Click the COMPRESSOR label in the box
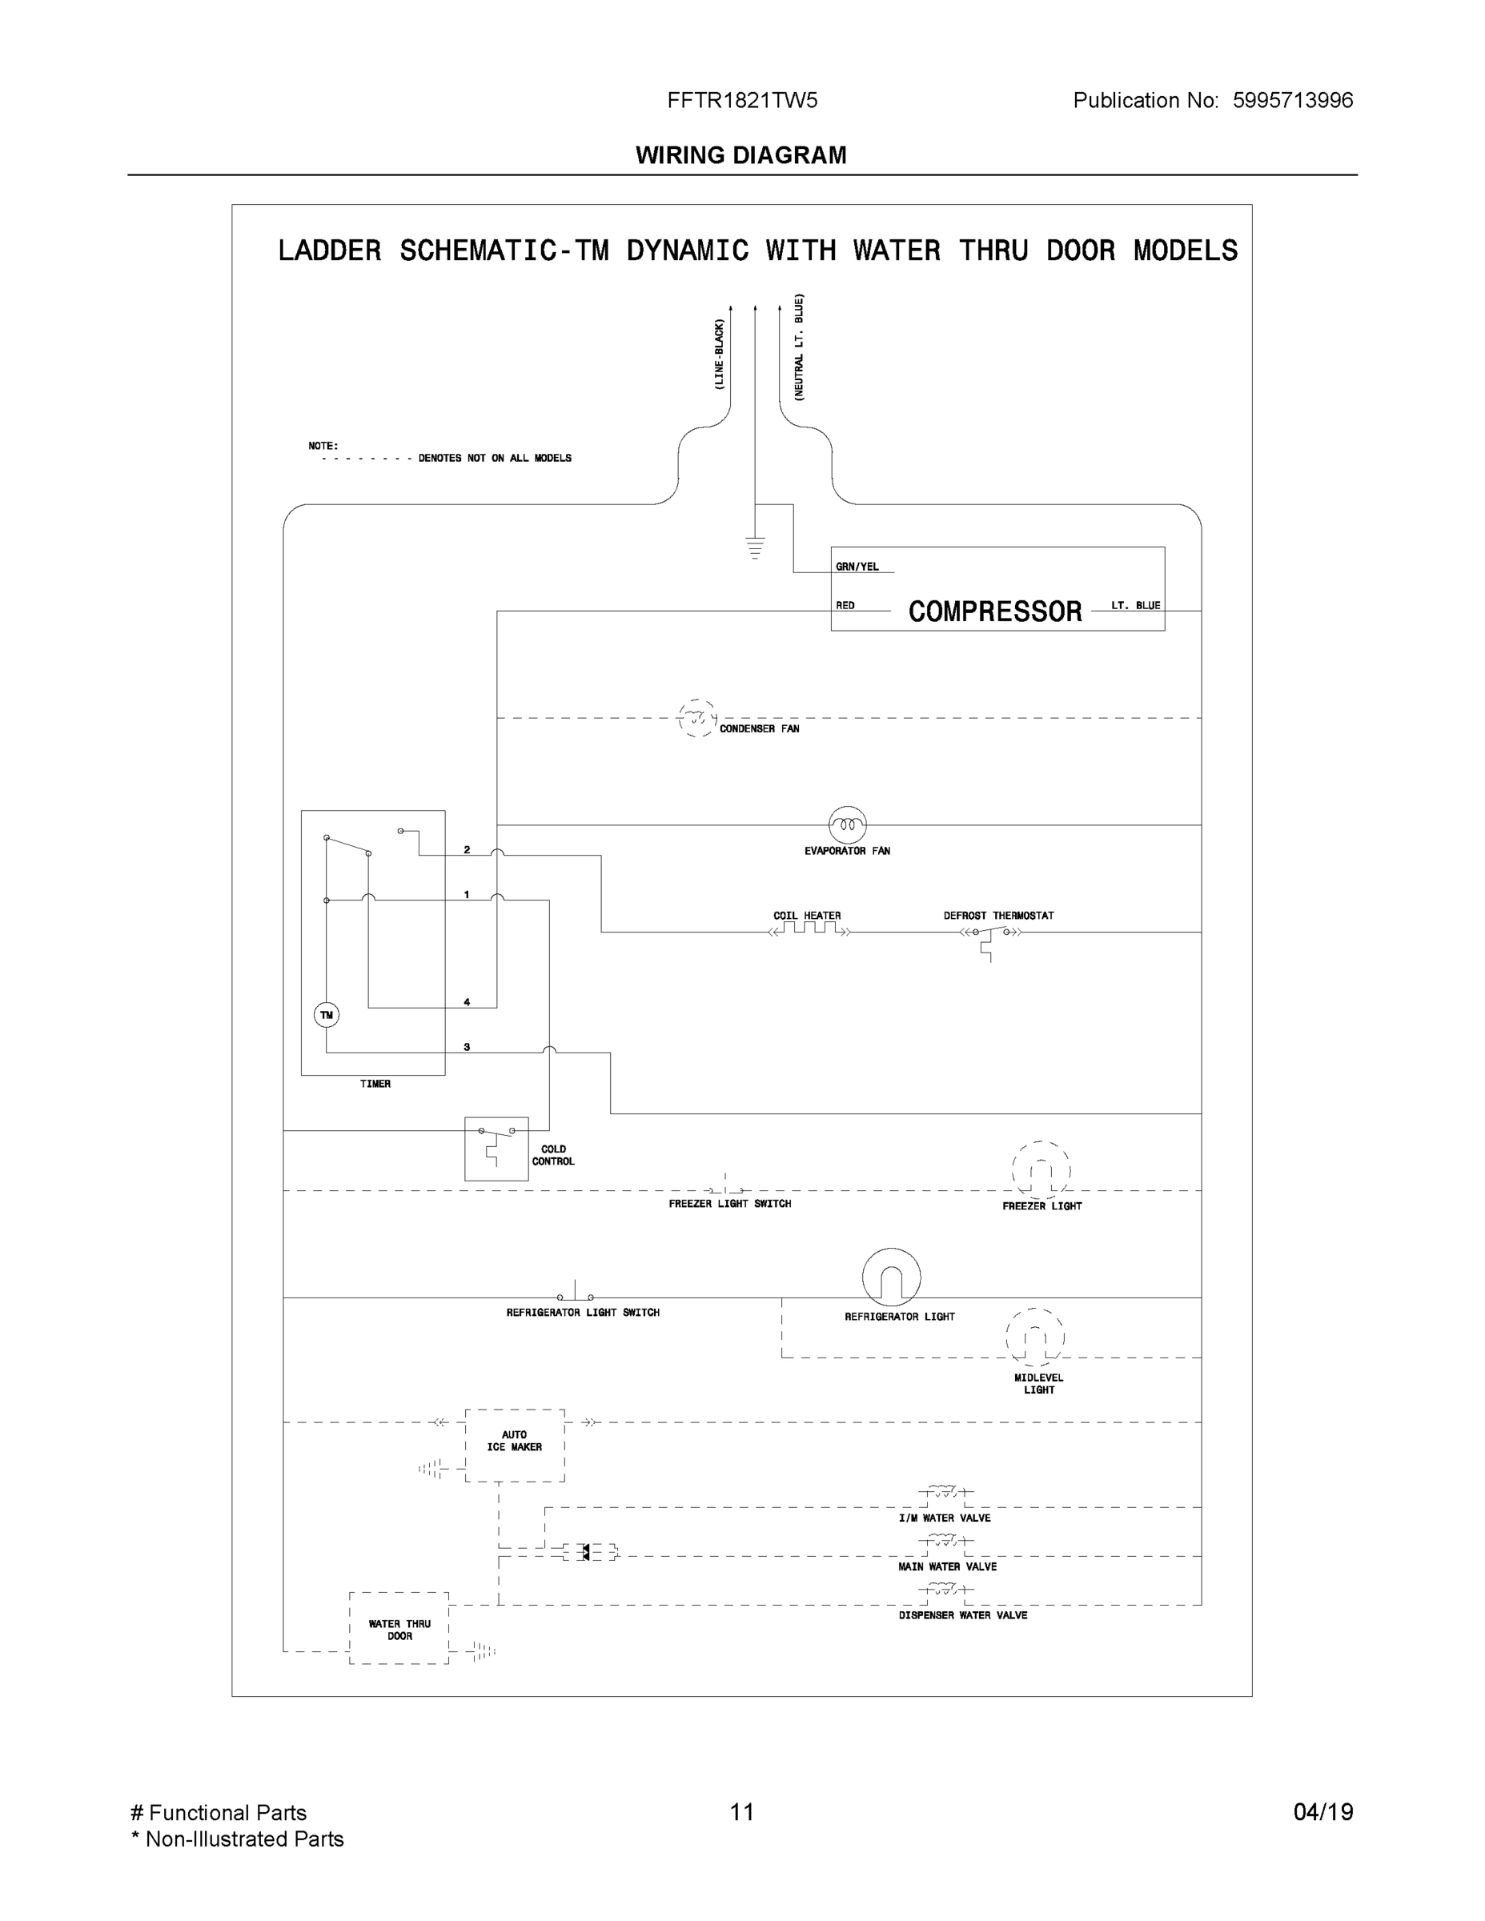pos(994,612)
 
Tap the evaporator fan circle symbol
pos(847,825)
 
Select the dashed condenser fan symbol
pos(696,719)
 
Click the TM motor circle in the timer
pos(327,1015)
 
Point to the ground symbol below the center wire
pos(755,547)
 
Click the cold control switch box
pos(496,1148)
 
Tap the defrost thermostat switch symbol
pos(990,934)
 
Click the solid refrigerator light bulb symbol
pos(891,1277)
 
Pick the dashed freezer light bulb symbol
pos(1041,1170)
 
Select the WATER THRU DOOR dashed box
pos(399,1628)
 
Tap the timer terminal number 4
pos(466,1002)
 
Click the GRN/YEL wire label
pos(857,567)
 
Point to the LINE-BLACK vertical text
pos(719,355)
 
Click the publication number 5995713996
pos(1292,100)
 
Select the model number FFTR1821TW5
pos(741,100)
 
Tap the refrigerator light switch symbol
pos(575,1295)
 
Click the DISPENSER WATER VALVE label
pos(962,1616)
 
